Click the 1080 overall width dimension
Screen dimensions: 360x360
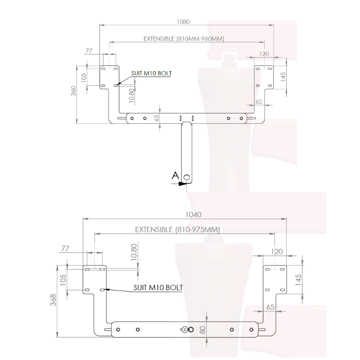point(183,22)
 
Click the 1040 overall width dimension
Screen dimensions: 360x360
point(193,215)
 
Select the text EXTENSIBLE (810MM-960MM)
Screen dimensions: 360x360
point(184,39)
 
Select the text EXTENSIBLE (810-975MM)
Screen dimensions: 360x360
point(177,229)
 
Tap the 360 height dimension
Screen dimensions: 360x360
point(73,91)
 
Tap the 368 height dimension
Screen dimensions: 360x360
point(53,300)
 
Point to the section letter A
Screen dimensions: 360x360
point(175,175)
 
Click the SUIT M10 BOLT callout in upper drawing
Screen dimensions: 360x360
point(151,73)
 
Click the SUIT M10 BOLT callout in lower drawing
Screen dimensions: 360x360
point(158,288)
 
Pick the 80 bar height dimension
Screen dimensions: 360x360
point(202,330)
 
